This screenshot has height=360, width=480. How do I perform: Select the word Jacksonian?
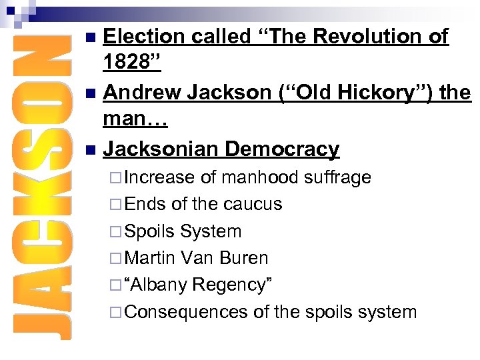point(160,149)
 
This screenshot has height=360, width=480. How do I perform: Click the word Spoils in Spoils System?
point(149,231)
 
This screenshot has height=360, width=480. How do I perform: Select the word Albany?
point(159,285)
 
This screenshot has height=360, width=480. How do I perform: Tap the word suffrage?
point(337,177)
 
